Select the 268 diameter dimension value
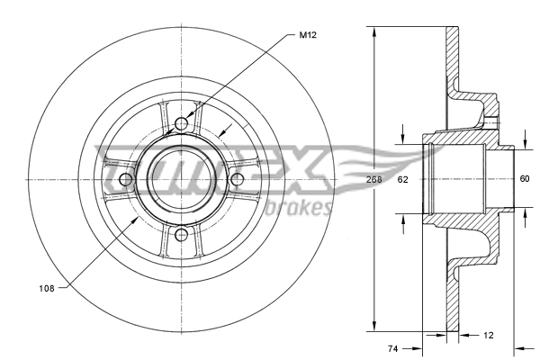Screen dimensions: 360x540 pos(373,179)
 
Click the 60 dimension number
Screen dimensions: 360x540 pos(525,179)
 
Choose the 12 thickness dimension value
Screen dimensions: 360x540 pos(488,335)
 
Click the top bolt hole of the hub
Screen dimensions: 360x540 pos(182,124)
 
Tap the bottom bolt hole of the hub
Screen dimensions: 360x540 pos(182,235)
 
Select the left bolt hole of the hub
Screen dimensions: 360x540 pos(126,179)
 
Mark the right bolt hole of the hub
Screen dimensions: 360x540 pos(238,179)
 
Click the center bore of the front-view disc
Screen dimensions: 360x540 pos(182,179)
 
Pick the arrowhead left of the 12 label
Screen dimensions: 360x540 pos(464,335)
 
